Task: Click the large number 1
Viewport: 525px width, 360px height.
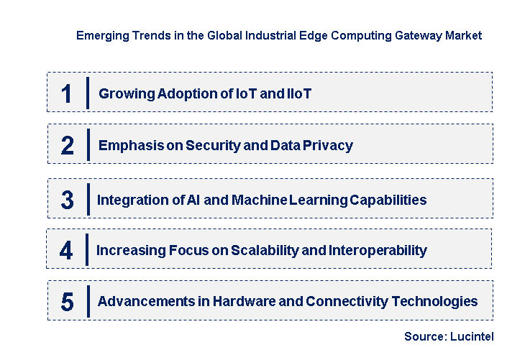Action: [x=67, y=94]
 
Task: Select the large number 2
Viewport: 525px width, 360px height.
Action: [x=68, y=146]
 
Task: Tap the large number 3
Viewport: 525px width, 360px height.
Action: [x=67, y=200]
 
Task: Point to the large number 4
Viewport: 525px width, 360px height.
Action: [x=67, y=251]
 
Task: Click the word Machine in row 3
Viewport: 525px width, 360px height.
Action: [x=260, y=200]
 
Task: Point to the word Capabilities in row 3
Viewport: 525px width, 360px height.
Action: [x=388, y=200]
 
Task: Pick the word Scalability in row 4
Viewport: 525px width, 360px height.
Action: [x=268, y=250]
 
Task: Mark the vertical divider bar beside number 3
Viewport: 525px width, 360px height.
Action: [x=87, y=199]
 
